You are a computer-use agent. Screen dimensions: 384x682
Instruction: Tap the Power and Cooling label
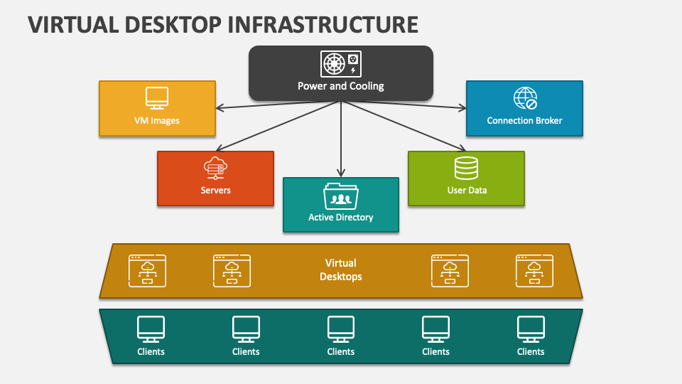tap(341, 86)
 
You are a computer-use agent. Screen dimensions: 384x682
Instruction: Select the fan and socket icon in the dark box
tap(341, 64)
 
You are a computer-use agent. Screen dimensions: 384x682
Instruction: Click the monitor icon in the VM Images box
tap(156, 98)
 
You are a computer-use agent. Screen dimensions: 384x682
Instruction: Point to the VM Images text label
tap(156, 120)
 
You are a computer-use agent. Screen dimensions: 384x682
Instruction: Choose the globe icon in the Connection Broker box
tap(525, 98)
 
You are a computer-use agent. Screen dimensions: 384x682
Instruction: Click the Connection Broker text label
tap(524, 120)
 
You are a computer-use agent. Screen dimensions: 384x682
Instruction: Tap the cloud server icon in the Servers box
tap(215, 169)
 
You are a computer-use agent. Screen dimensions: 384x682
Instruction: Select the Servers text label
tap(215, 190)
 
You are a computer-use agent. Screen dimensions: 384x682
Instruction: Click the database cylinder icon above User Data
tap(466, 168)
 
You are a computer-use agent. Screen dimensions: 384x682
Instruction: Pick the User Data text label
tap(467, 190)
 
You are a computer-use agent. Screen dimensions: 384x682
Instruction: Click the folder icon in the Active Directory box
tap(341, 196)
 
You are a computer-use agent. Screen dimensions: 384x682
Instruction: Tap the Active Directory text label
tap(341, 217)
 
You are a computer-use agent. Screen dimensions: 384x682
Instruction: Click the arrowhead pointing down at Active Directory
tap(341, 172)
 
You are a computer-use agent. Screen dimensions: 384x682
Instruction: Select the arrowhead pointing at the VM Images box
tap(220, 109)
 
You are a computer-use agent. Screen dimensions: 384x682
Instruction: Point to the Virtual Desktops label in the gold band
tap(341, 270)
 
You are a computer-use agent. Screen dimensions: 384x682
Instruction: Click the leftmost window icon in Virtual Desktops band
tap(148, 270)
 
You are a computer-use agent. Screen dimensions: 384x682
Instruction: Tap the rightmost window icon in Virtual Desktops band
tap(534, 270)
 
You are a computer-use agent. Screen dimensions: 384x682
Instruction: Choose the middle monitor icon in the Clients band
tap(341, 329)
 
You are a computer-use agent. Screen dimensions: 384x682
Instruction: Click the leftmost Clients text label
tap(151, 351)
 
